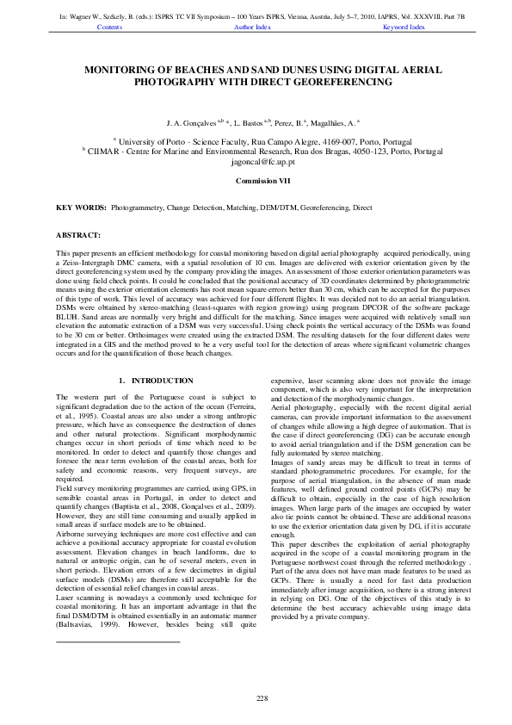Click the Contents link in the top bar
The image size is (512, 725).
click(x=110, y=27)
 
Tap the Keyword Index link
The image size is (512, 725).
click(x=404, y=27)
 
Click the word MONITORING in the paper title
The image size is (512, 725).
click(x=126, y=68)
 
